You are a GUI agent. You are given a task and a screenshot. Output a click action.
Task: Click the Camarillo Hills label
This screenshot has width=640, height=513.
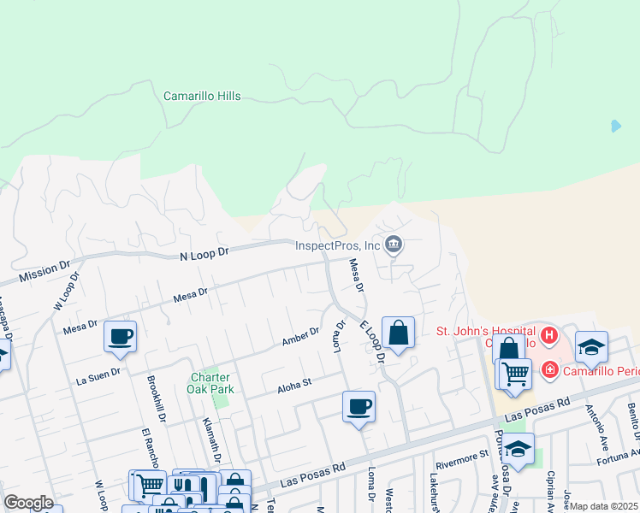(x=202, y=97)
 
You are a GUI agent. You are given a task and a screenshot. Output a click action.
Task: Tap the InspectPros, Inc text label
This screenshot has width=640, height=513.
(x=337, y=245)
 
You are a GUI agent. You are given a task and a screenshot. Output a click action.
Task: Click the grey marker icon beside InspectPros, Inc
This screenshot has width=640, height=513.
(x=393, y=245)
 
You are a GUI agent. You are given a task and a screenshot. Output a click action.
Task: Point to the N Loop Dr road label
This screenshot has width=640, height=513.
(x=205, y=254)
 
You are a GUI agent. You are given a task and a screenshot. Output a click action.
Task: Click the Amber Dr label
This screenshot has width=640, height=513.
(x=300, y=337)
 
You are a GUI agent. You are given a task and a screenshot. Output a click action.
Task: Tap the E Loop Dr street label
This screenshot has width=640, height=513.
(x=373, y=340)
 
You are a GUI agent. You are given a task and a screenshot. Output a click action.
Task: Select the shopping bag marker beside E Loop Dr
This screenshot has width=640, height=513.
(x=398, y=333)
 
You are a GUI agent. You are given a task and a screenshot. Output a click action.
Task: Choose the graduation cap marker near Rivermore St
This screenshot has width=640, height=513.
(x=518, y=448)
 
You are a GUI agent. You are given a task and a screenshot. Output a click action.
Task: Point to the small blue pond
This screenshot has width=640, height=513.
(x=616, y=126)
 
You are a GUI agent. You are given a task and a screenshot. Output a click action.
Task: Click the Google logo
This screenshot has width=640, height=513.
(x=28, y=503)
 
